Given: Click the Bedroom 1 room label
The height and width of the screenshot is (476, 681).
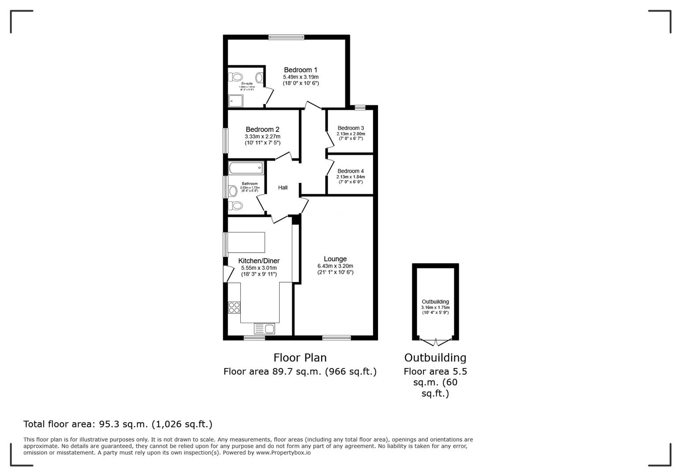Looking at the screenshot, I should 300,70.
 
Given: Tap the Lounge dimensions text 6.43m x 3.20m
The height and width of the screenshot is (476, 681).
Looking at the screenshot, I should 335,266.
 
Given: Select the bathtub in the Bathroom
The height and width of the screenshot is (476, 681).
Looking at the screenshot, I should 246,168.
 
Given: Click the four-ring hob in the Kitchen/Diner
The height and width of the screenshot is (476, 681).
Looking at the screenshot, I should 234,307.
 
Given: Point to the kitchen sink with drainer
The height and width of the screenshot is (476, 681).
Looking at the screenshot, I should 264,329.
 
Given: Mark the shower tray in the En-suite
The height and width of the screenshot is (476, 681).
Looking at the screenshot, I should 236,101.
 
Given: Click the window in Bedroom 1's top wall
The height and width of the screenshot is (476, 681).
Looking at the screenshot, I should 286,37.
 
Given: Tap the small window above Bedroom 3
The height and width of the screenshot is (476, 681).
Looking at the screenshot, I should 360,107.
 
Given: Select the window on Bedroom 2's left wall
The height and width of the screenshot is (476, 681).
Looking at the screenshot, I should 225,141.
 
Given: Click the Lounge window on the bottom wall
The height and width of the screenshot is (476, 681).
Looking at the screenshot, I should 337,338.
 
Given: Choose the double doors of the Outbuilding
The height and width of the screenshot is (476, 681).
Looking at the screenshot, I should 435,342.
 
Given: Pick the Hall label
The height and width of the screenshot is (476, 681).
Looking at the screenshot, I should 283,188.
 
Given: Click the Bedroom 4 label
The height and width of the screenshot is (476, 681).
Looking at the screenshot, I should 351,171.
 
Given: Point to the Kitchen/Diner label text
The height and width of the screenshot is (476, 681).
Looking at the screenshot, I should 259,260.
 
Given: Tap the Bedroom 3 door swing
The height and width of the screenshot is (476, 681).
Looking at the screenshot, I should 329,140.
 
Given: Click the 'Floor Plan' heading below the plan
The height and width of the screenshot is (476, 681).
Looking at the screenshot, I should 300,357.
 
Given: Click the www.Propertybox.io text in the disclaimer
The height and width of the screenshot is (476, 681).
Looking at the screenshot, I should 283,453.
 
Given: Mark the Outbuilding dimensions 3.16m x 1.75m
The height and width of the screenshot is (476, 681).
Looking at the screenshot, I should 435,307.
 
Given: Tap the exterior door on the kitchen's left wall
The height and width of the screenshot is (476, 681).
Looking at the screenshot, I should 227,274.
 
